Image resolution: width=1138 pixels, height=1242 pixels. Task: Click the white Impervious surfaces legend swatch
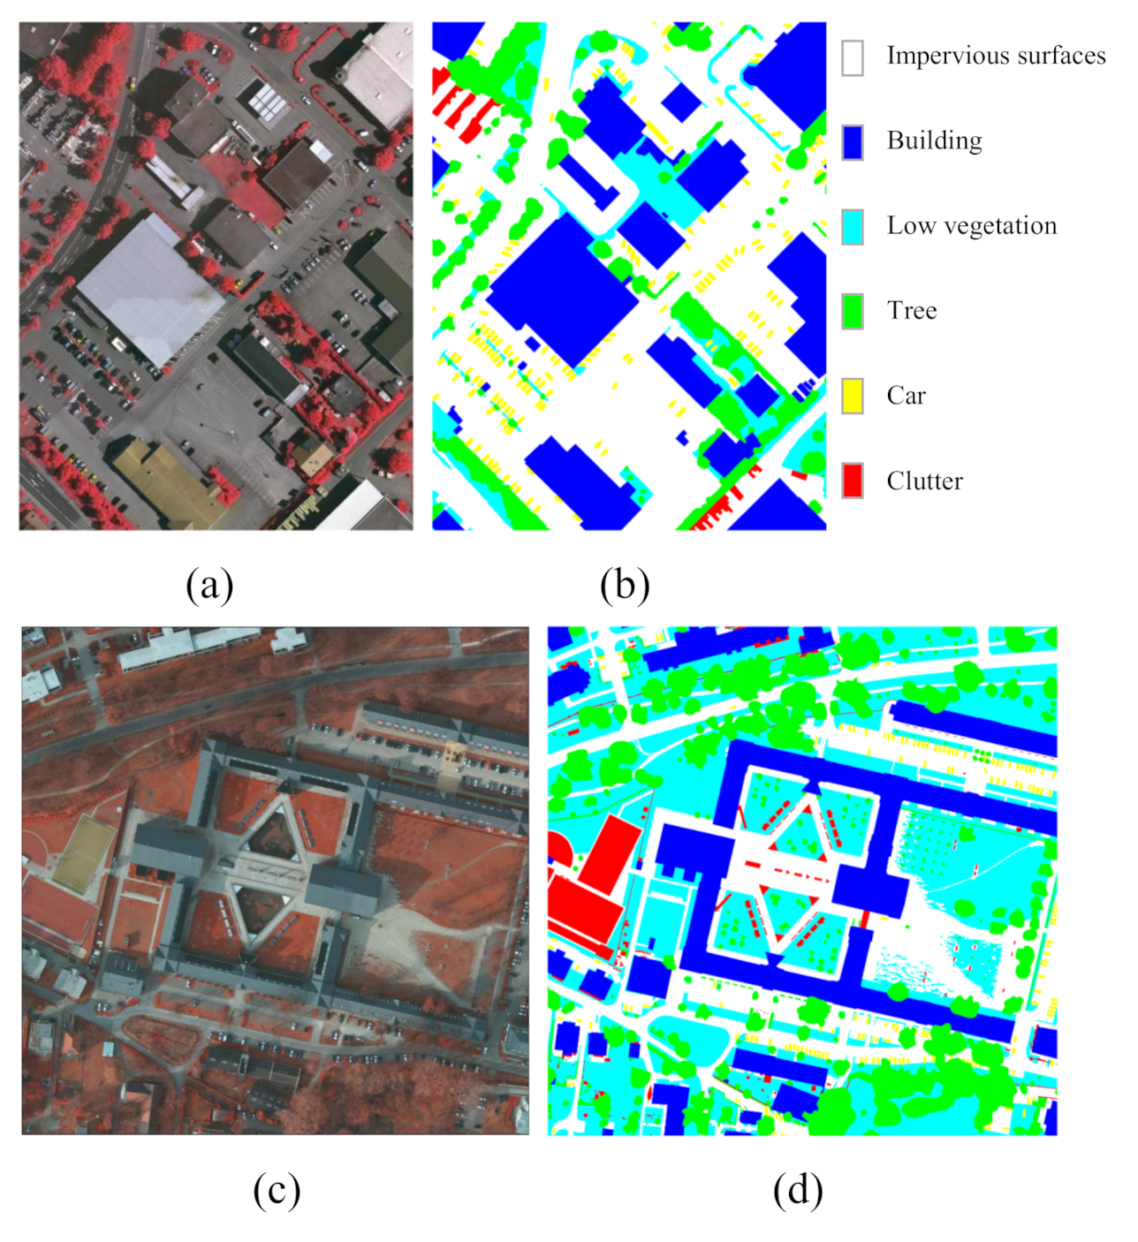852,57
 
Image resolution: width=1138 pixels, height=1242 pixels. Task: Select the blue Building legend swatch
852,142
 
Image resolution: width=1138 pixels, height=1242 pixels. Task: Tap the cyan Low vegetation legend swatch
852,227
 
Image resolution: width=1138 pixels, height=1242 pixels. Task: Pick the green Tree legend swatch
852,312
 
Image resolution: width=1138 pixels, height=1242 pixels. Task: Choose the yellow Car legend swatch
852,396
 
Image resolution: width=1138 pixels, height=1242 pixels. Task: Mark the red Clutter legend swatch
852,481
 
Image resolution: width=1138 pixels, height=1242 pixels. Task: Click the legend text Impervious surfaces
996,56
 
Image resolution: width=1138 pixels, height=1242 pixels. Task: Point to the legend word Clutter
924,481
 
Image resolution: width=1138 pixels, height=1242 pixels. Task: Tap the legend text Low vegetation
971,226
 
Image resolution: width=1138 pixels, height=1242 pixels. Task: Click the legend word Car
906,396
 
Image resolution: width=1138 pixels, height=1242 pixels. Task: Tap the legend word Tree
912,311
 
